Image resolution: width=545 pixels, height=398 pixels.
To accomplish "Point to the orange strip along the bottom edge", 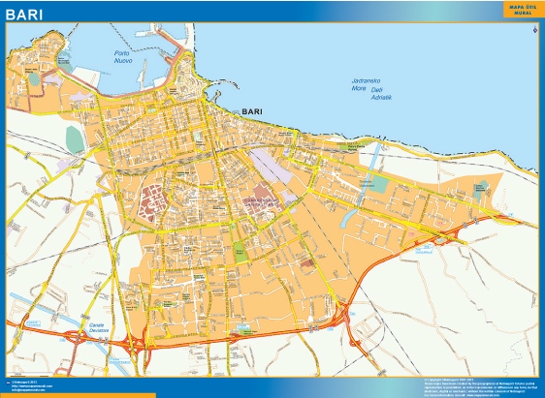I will (x=78, y=394).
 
